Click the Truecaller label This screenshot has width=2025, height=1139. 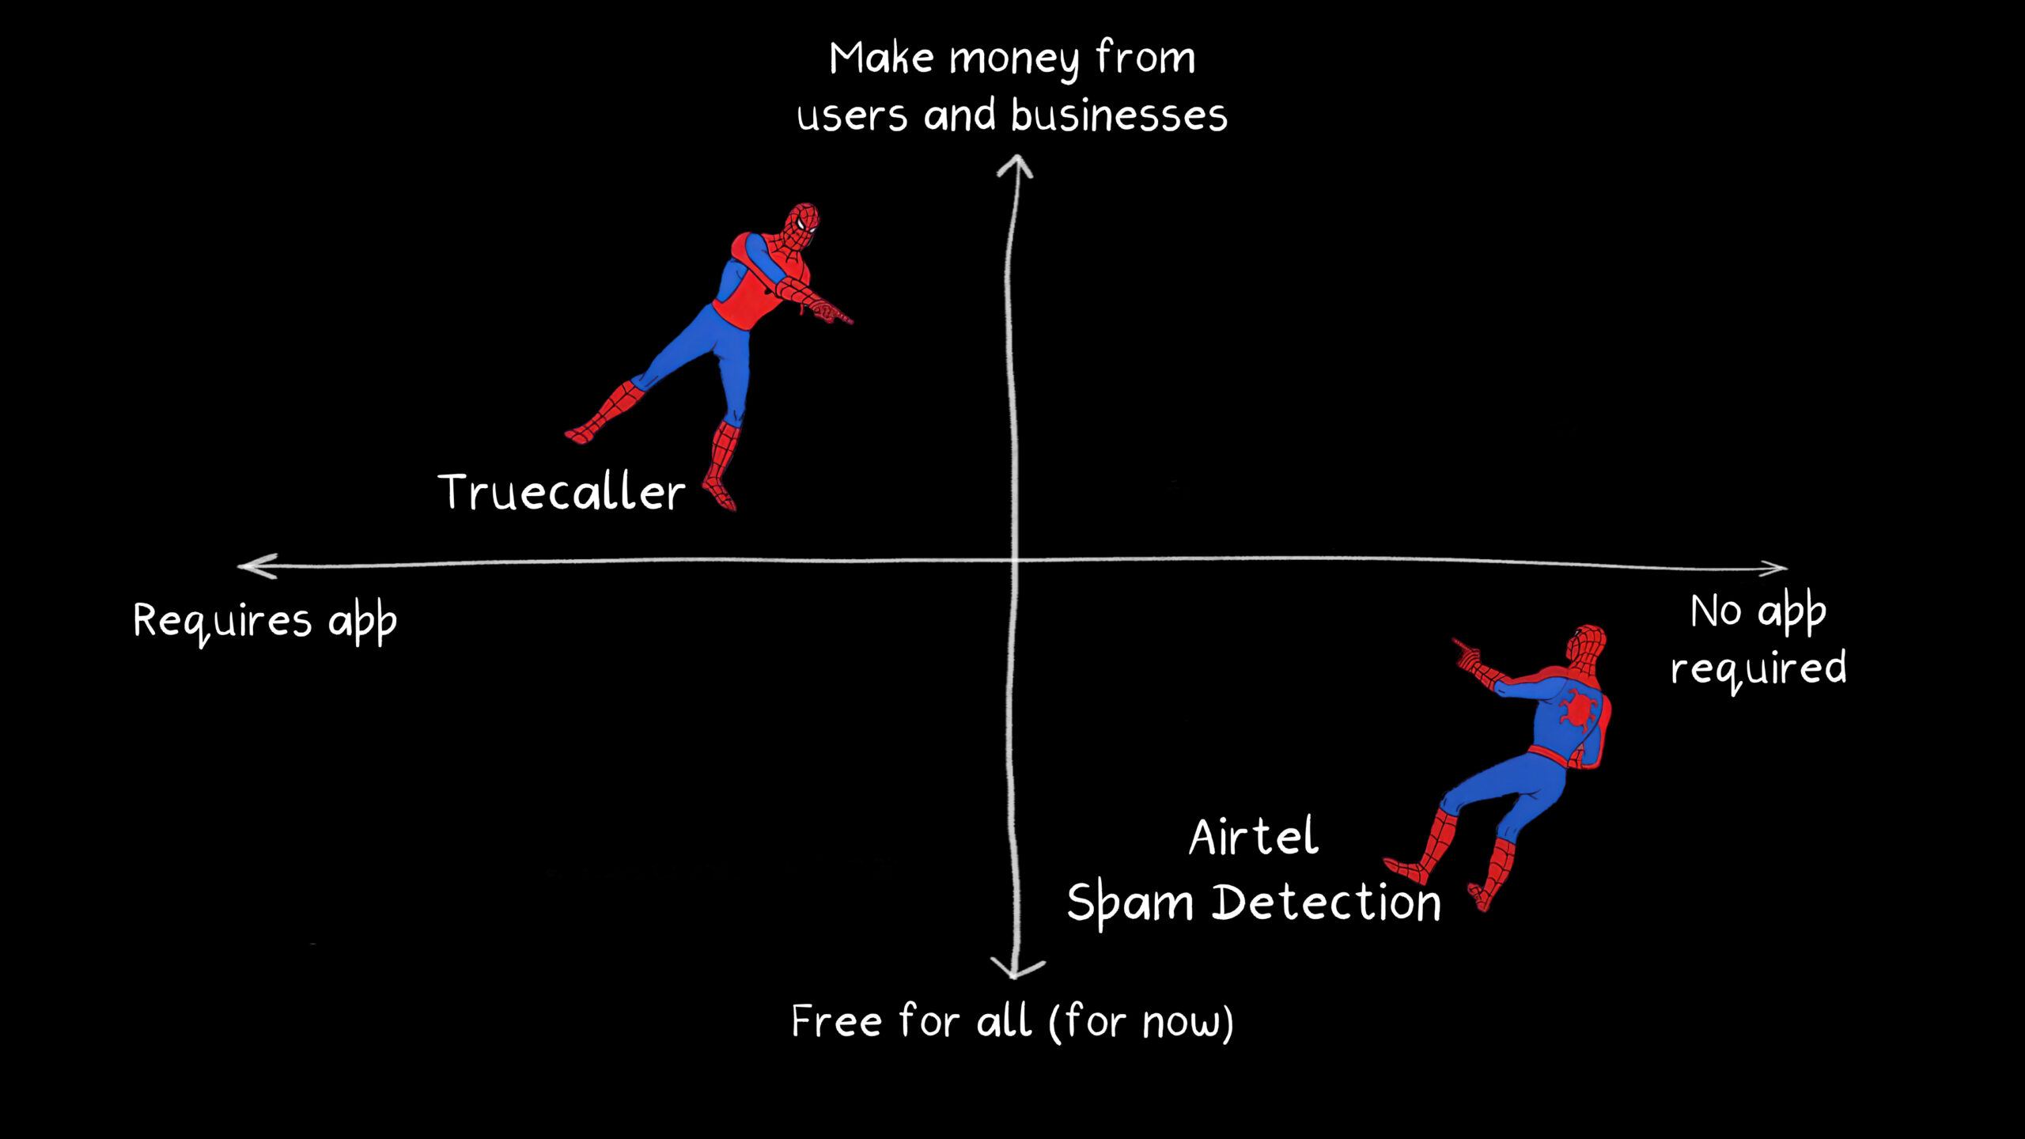561,492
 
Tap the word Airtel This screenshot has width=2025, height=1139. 1254,837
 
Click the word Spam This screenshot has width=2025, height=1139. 1130,903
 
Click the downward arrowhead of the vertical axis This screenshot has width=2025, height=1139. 1017,970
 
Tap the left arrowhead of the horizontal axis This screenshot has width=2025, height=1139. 255,566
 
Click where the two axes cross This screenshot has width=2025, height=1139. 1013,560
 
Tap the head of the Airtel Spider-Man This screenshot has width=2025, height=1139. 1586,645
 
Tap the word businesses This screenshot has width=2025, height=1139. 1118,116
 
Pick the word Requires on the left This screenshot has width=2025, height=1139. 222,621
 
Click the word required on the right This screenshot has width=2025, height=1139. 1758,669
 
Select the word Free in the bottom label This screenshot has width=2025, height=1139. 837,1021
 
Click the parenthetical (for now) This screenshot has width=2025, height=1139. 1141,1021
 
